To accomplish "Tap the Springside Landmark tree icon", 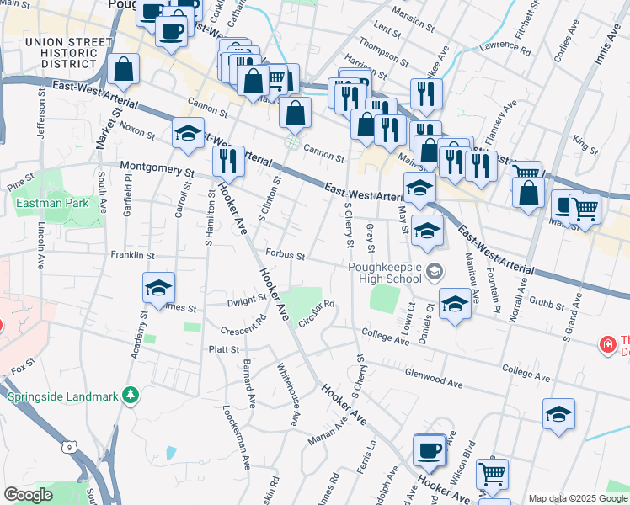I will click(x=130, y=395).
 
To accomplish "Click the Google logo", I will click(x=28, y=495).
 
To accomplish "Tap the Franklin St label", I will click(x=128, y=254).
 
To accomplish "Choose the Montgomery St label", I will click(x=157, y=167).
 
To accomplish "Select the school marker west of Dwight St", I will click(x=158, y=289).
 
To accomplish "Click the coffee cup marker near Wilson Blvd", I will click(x=430, y=450).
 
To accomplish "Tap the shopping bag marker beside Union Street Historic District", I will click(x=124, y=72).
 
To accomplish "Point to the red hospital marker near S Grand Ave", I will click(x=606, y=343).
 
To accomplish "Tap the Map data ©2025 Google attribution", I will click(x=578, y=498).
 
